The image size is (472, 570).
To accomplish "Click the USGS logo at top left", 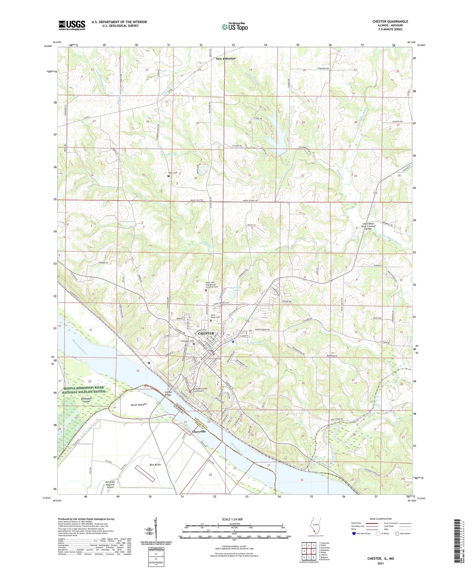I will (x=72, y=25).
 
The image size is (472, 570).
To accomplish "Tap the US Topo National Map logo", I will (x=234, y=27).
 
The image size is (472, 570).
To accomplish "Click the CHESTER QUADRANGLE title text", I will (x=390, y=22).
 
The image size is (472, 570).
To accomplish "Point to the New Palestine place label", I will (x=225, y=58).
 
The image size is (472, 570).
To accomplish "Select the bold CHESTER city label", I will (x=206, y=333).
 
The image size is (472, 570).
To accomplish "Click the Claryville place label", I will (x=199, y=431).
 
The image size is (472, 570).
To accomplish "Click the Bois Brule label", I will (x=155, y=465).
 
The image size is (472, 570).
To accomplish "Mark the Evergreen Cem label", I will (x=187, y=341).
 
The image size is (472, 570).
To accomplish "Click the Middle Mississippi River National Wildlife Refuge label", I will (x=84, y=390).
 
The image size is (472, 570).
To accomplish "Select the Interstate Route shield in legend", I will (x=354, y=533).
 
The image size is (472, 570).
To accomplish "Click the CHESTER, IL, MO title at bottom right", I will (x=381, y=559).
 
